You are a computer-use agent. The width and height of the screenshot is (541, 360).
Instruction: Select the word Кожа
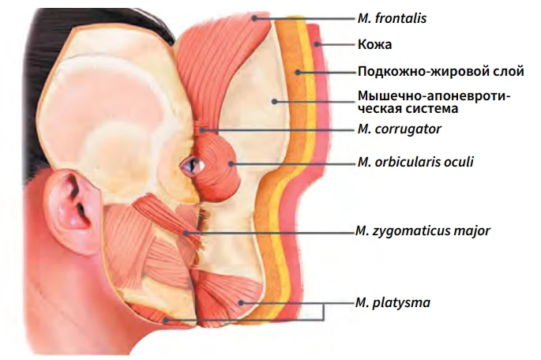[x=374, y=45]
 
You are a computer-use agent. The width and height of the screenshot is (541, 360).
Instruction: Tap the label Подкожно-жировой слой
[x=440, y=72]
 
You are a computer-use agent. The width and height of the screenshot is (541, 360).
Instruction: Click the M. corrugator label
[x=398, y=128]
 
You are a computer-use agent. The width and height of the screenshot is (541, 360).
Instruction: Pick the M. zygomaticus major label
[x=423, y=231]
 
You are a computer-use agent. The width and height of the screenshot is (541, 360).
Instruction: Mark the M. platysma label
[x=393, y=303]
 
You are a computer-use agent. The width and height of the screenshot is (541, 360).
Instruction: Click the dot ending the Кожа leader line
[x=316, y=45]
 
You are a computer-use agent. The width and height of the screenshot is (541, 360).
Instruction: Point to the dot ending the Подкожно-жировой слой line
[x=297, y=72]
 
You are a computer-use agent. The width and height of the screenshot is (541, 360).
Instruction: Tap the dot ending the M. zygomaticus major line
[x=186, y=232]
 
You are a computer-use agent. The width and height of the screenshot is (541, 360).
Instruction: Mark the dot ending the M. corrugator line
[x=204, y=129]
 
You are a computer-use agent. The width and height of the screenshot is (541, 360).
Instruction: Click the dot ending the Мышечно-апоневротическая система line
[x=274, y=100]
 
